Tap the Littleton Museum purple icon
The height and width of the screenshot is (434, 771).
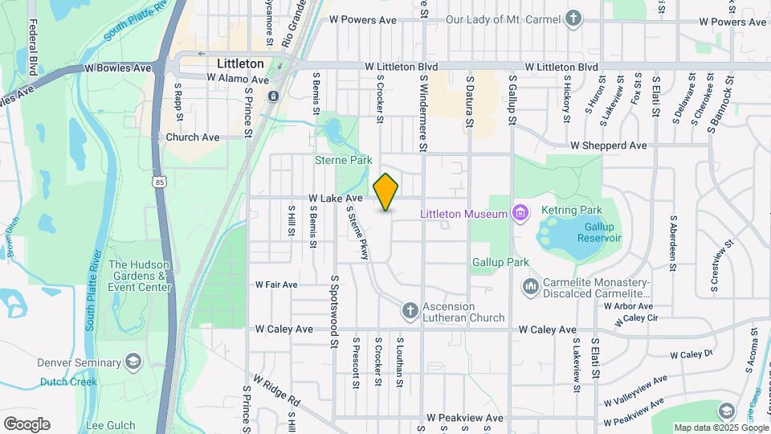click(x=520, y=213)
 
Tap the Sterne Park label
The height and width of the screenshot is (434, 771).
click(x=343, y=161)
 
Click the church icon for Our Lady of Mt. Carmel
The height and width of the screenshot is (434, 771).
click(x=573, y=18)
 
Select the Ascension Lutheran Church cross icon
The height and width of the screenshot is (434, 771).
click(x=409, y=311)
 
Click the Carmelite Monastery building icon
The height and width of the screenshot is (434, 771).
click(x=530, y=287)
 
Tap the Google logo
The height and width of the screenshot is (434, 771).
click(x=27, y=424)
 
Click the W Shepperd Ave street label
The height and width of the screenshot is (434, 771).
click(x=608, y=145)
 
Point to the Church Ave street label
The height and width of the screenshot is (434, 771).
click(x=193, y=137)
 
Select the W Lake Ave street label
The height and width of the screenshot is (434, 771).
click(x=336, y=198)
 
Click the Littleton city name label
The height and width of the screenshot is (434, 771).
click(x=240, y=63)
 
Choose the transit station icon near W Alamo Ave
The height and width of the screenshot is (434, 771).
click(x=273, y=96)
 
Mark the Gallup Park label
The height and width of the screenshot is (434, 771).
click(x=500, y=263)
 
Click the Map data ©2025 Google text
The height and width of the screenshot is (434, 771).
click(x=720, y=428)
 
